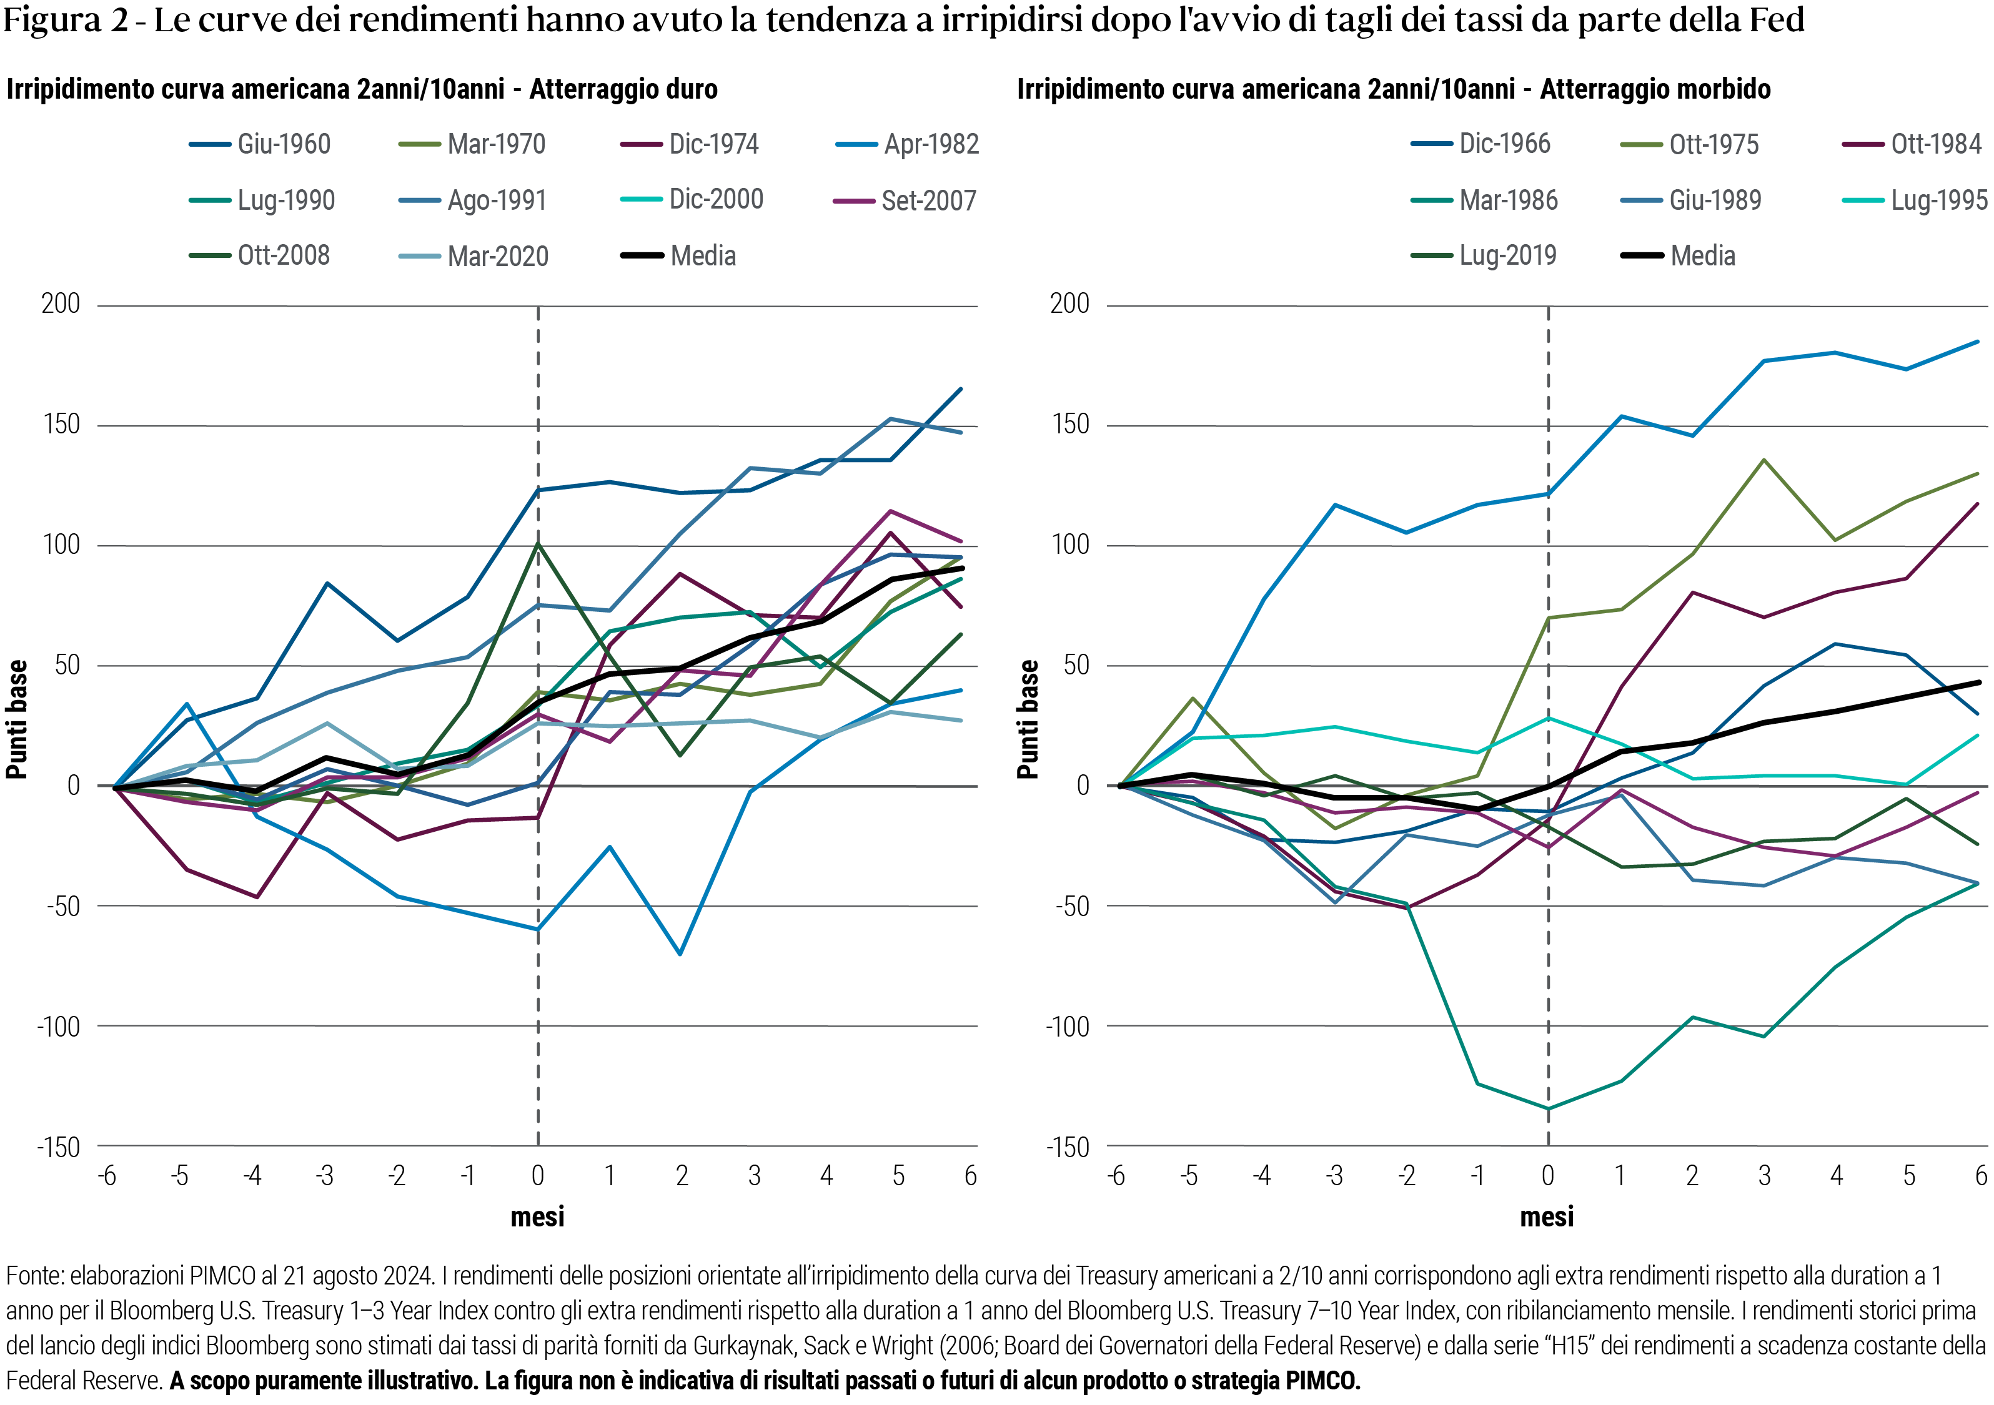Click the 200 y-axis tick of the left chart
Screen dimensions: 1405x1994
pyautogui.click(x=61, y=304)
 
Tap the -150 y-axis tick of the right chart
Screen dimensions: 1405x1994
pyautogui.click(x=1068, y=1147)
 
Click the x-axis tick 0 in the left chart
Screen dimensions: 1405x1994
pyautogui.click(x=538, y=1176)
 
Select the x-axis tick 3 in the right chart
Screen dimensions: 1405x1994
pyautogui.click(x=1764, y=1176)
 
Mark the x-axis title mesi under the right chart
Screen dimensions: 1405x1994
pyautogui.click(x=1547, y=1218)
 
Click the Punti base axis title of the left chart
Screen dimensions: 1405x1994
pyautogui.click(x=17, y=719)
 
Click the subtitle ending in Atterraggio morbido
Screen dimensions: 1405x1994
pyautogui.click(x=1393, y=89)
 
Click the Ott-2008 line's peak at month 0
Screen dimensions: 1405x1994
pyautogui.click(x=538, y=544)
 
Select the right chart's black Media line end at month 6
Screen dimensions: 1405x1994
pyautogui.click(x=1978, y=683)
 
